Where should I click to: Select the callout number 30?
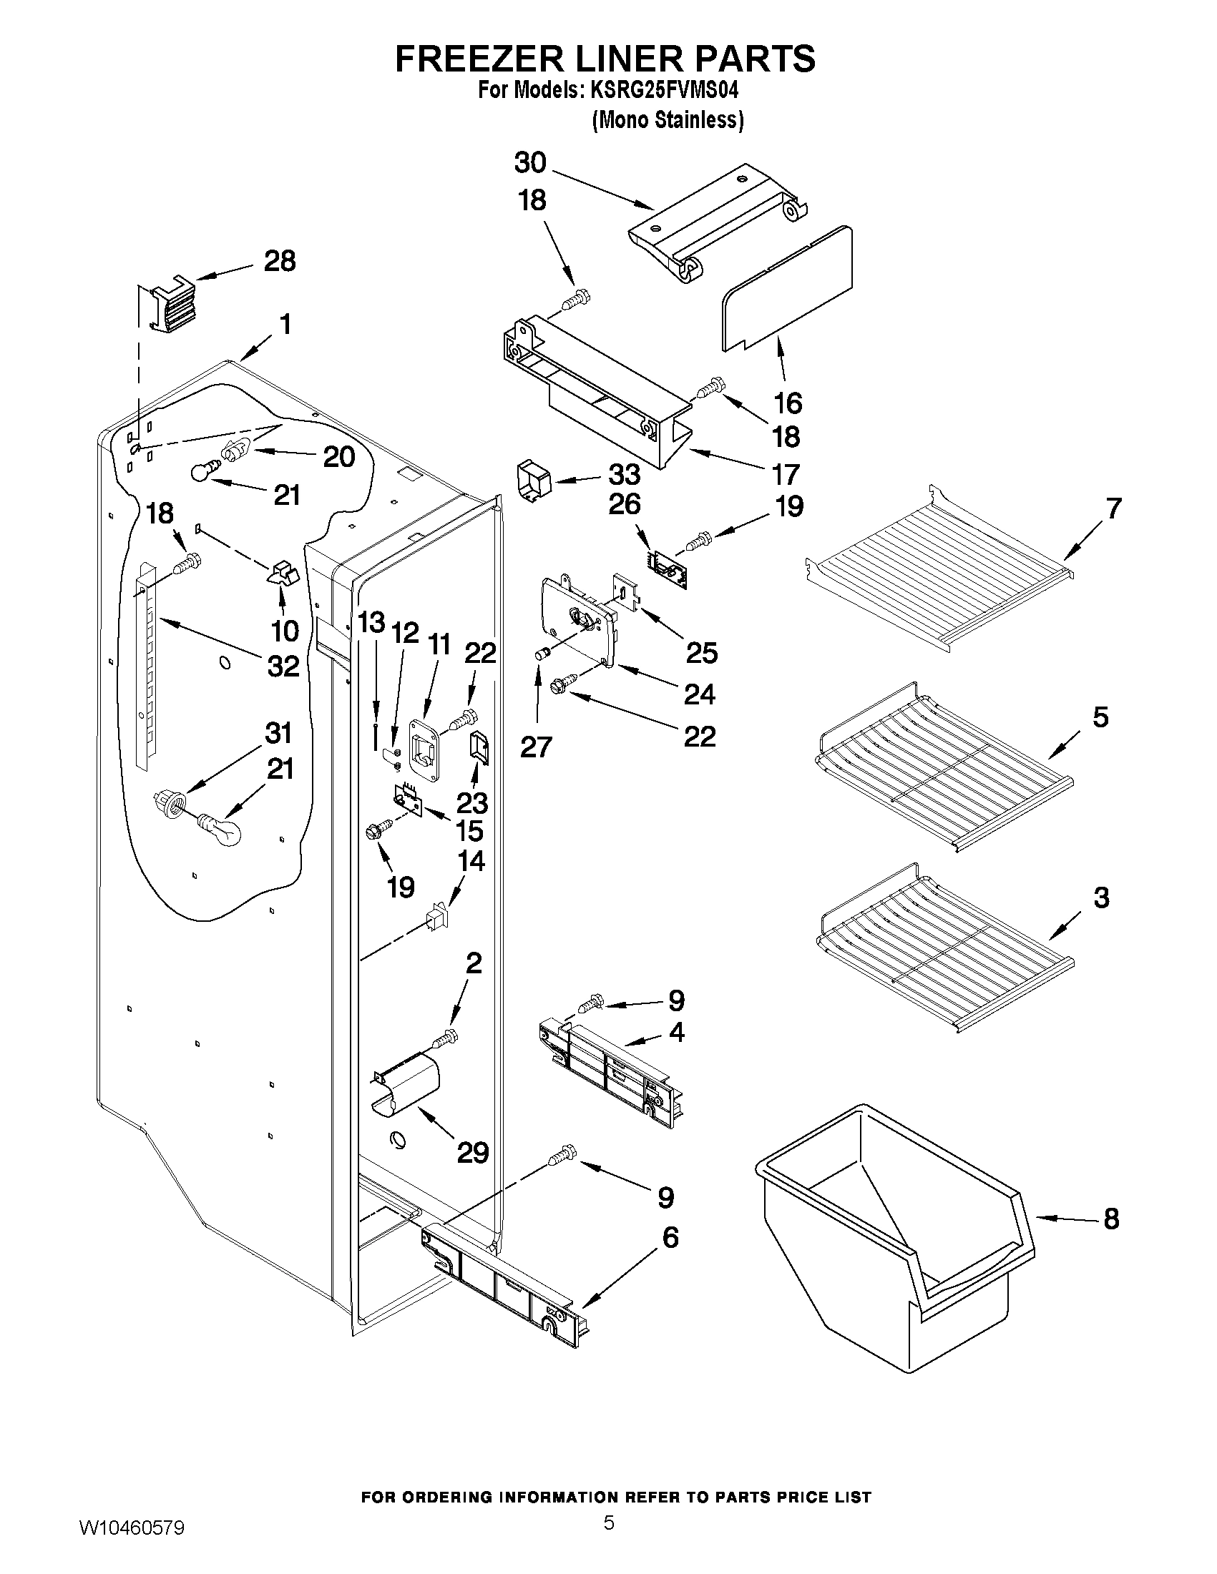[x=530, y=163]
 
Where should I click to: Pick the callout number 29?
[x=473, y=1152]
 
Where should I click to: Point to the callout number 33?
[x=625, y=474]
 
